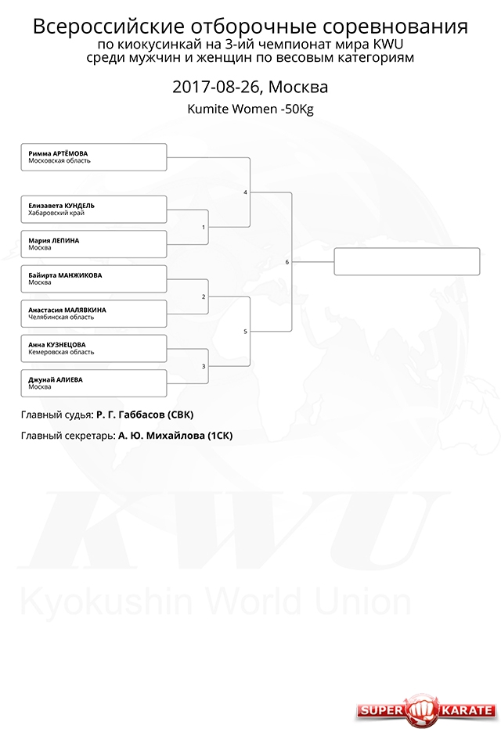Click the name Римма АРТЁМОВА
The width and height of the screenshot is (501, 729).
click(x=58, y=153)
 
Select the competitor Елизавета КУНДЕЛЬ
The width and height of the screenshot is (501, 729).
click(x=61, y=206)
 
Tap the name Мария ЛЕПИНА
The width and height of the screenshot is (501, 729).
click(x=54, y=241)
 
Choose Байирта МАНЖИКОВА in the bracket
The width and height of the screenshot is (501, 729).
click(x=65, y=275)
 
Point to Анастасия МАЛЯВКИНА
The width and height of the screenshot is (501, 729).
click(x=67, y=310)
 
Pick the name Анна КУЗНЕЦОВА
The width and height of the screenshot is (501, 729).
click(x=57, y=345)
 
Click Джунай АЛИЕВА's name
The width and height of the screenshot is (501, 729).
click(x=56, y=380)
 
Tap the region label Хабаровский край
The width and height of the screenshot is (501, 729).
click(x=56, y=213)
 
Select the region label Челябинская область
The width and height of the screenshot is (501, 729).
click(x=61, y=317)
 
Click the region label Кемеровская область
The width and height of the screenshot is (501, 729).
click(x=61, y=352)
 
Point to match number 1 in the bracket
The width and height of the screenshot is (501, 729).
click(x=204, y=228)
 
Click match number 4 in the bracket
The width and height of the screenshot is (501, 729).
click(x=245, y=192)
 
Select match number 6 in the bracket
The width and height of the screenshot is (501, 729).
click(x=287, y=262)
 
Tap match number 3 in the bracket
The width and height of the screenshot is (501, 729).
click(x=204, y=367)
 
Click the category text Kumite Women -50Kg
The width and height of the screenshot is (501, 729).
click(x=250, y=110)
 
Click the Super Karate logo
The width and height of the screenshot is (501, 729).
click(x=426, y=710)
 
